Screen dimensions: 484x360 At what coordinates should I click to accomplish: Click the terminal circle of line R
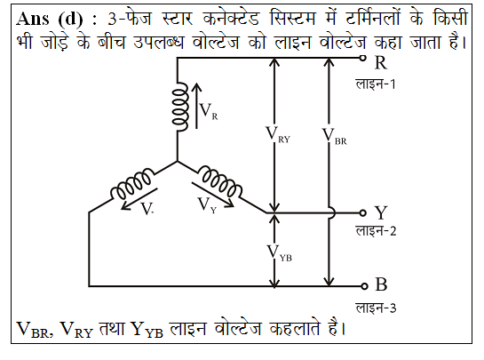click(363, 58)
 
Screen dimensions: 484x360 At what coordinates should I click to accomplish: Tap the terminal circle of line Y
click(363, 212)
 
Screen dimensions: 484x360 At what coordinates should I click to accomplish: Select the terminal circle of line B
click(364, 286)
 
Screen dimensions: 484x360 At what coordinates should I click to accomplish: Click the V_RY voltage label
click(278, 135)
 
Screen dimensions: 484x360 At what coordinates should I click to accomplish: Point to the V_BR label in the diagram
click(334, 136)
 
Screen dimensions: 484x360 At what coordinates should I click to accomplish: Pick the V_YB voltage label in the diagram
click(280, 253)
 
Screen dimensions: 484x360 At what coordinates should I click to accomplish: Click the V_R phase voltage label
click(209, 111)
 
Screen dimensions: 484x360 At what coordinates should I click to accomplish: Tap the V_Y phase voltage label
click(207, 205)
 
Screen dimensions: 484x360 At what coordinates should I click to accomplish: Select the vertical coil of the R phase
click(180, 107)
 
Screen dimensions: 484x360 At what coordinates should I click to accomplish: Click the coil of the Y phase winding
click(219, 181)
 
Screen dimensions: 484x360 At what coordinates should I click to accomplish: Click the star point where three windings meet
click(178, 161)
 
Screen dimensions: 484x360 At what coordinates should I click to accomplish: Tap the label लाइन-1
click(376, 84)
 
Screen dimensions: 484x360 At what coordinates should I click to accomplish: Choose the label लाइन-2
click(376, 231)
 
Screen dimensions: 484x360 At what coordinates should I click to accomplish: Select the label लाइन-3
click(376, 308)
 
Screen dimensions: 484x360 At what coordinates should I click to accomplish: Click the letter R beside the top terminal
click(381, 63)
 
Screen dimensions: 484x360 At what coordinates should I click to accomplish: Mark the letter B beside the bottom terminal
click(381, 284)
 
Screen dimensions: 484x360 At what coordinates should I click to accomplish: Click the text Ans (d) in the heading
click(50, 20)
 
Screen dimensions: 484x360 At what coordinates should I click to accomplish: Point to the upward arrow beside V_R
click(196, 106)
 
